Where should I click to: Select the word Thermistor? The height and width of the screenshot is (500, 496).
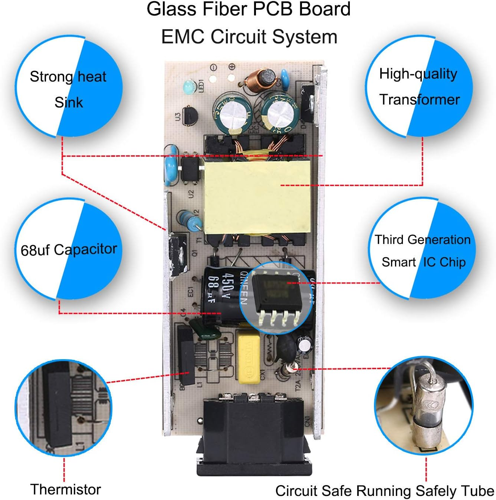[x=66, y=489]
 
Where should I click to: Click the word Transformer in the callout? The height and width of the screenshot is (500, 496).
[x=419, y=99]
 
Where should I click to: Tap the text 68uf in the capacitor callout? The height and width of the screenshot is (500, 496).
[x=35, y=251]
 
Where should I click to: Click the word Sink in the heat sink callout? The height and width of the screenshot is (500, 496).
[x=69, y=102]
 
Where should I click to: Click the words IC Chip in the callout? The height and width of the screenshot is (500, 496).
[x=444, y=262]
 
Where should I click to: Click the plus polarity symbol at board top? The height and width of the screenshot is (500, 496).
[x=232, y=67]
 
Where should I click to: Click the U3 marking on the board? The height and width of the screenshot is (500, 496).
[x=178, y=117]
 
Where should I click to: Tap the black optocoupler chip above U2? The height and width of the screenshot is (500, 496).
[x=191, y=169]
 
